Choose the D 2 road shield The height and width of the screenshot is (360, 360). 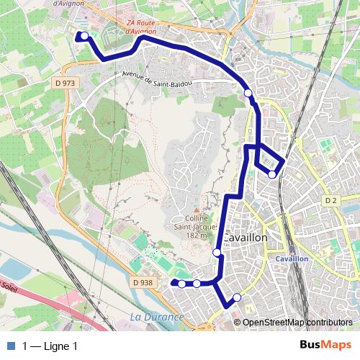pyautogui.click(x=330, y=199)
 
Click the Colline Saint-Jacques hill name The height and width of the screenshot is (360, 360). pyautogui.click(x=195, y=224)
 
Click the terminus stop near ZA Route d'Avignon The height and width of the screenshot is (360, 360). pyautogui.click(x=84, y=36)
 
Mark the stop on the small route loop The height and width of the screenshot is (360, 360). pyautogui.click(x=271, y=174)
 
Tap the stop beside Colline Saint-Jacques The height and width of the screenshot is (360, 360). pyautogui.click(x=217, y=252)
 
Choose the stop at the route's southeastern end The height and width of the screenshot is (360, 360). pyautogui.click(x=236, y=297)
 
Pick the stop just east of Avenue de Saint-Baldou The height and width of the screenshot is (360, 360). pyautogui.click(x=248, y=93)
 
